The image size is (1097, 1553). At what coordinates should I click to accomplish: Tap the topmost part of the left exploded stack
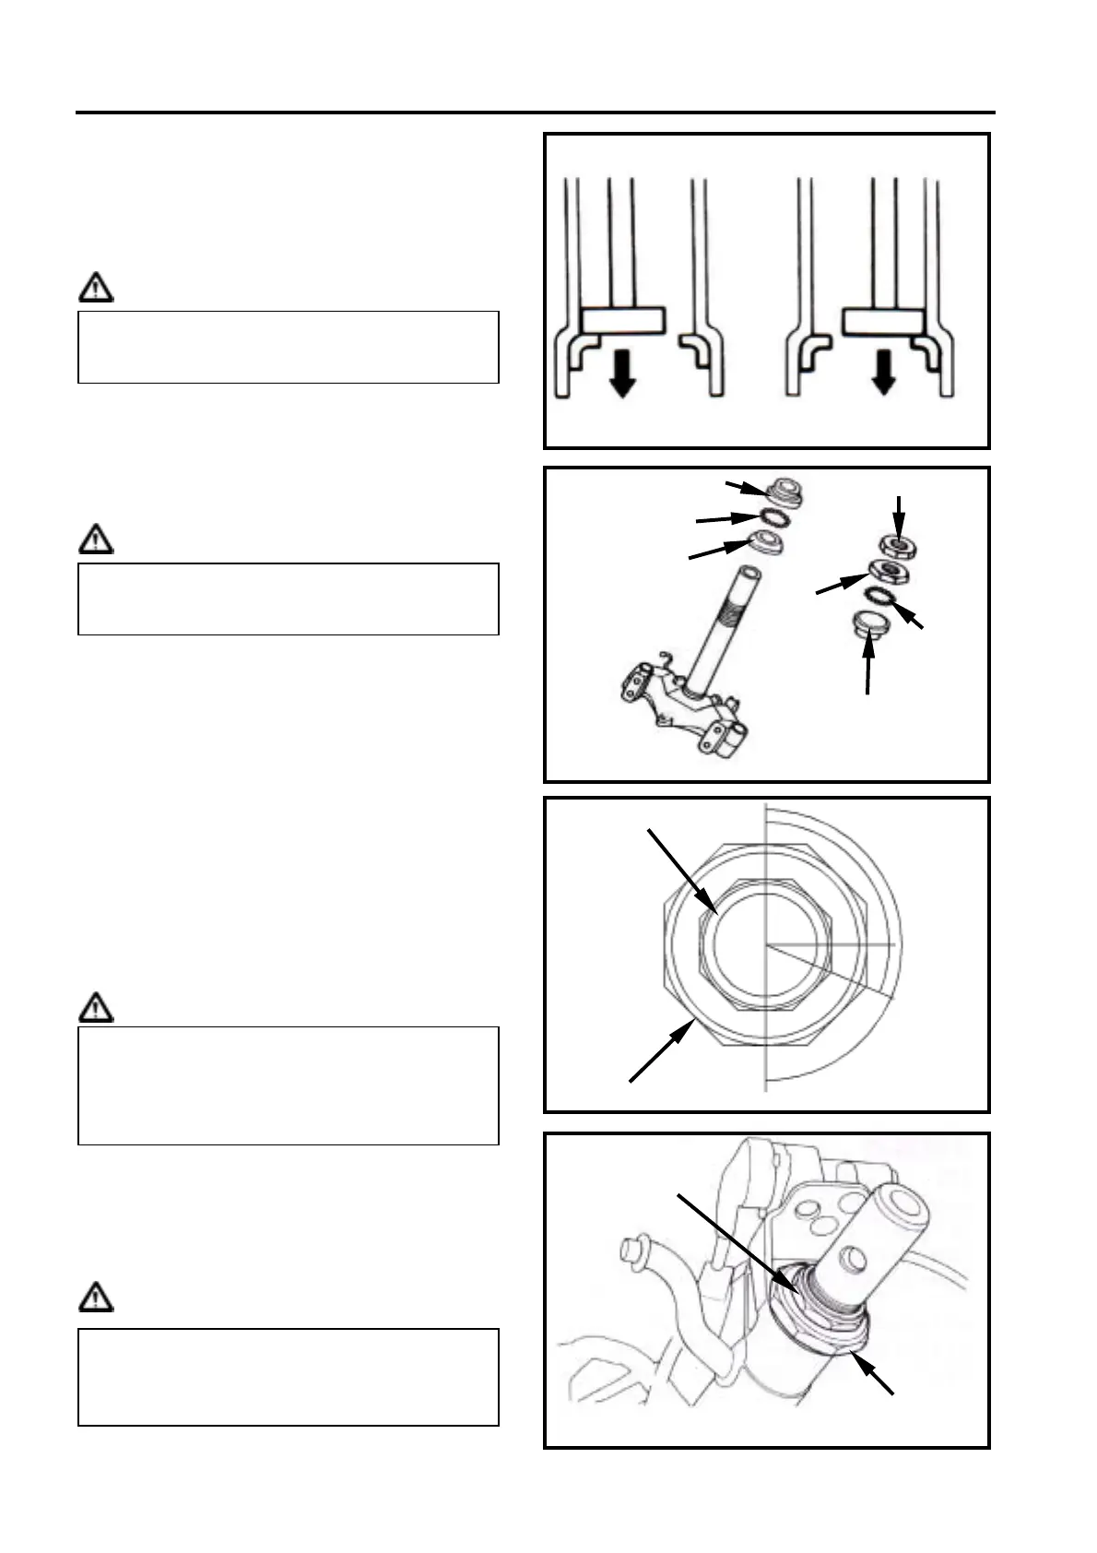coord(786,490)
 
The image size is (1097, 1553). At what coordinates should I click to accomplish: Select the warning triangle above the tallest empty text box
coord(95,1007)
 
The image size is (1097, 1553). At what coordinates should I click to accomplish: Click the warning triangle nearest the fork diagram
coord(95,289)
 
